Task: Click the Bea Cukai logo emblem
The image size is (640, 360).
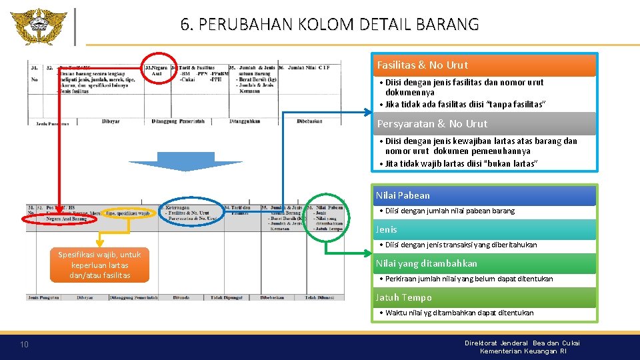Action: [38, 26]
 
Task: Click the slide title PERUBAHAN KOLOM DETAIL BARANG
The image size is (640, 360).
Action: [329, 25]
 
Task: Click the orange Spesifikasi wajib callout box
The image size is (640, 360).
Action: [99, 265]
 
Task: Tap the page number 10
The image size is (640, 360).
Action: [24, 344]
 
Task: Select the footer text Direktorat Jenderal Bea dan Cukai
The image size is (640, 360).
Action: [522, 343]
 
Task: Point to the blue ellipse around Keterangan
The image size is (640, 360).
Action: [193, 213]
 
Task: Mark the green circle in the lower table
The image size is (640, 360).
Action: [327, 218]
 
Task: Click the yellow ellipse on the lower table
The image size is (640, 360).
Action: [129, 213]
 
